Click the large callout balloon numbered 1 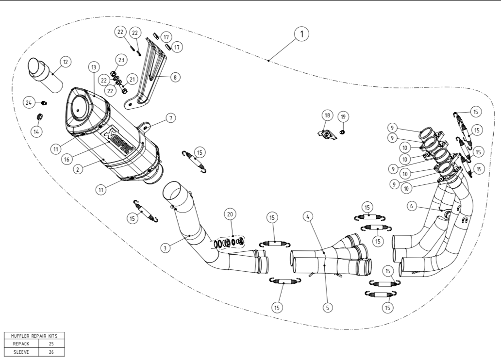click(x=302, y=33)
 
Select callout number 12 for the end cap click(x=65, y=62)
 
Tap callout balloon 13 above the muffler click(x=94, y=67)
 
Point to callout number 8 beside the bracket click(x=175, y=77)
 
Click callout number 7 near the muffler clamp click(x=171, y=118)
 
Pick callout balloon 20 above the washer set click(x=230, y=214)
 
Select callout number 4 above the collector click(x=308, y=217)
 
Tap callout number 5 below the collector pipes click(x=328, y=307)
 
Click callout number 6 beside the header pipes click(x=412, y=206)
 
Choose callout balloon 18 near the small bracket click(x=327, y=115)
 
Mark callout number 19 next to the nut click(x=343, y=116)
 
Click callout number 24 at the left click(x=29, y=102)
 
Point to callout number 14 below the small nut click(x=37, y=131)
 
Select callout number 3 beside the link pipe click(x=165, y=247)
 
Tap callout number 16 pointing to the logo click(x=67, y=159)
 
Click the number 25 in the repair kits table click(x=51, y=344)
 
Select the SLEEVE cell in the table click(x=21, y=352)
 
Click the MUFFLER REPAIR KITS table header click(x=34, y=336)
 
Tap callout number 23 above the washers click(x=121, y=60)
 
